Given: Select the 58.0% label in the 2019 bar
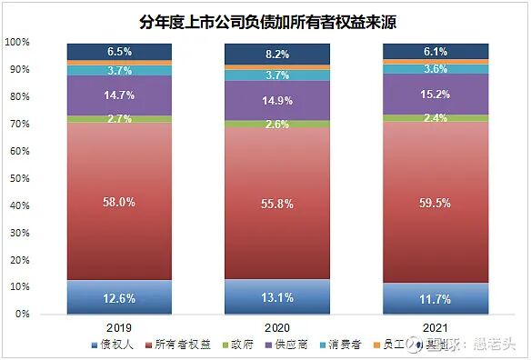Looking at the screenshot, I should pyautogui.click(x=120, y=202).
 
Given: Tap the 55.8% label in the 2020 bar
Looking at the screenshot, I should pyautogui.click(x=277, y=205).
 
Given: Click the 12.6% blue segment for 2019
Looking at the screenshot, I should pyautogui.click(x=120, y=297).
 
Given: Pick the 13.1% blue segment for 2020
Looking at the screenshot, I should pyautogui.click(x=277, y=296).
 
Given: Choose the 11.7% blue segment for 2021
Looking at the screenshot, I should pyautogui.click(x=435, y=298).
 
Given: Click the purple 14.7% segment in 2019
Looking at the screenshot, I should pyautogui.click(x=120, y=95).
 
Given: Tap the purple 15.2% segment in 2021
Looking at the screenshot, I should pyautogui.click(x=435, y=95).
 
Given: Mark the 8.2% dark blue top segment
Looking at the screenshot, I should pyautogui.click(x=277, y=55).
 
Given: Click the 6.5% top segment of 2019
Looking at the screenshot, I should pyautogui.click(x=120, y=52).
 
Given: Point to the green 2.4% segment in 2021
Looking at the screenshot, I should pyautogui.click(x=435, y=118).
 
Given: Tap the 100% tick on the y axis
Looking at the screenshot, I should pyautogui.click(x=18, y=43).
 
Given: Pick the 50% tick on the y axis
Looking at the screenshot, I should pyautogui.click(x=21, y=178).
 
